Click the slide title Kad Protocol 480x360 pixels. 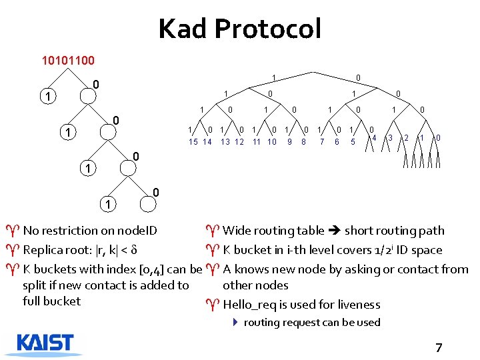239,29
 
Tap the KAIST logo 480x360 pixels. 45,343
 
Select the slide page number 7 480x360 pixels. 438,347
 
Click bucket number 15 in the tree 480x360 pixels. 193,141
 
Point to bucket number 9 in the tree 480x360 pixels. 289,141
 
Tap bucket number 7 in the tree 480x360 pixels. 321,141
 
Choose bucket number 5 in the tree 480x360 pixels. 353,141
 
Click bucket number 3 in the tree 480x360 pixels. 390,138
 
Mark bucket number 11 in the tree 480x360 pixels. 257,141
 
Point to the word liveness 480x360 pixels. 357,305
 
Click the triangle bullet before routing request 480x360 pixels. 235,323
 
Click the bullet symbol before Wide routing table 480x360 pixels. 212,231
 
